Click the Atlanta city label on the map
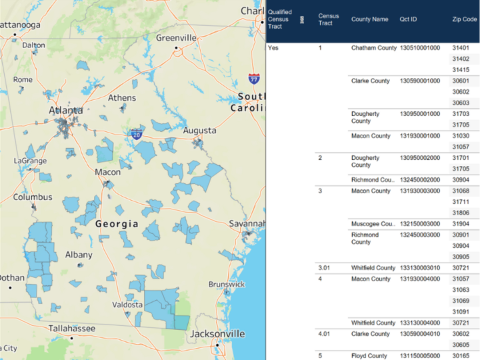(66, 110)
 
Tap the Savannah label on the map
(247, 223)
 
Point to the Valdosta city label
(127, 305)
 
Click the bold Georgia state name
(117, 224)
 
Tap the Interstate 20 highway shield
(136, 134)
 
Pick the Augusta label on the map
(199, 130)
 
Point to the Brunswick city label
(227, 284)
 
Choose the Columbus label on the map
(33, 197)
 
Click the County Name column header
(369, 19)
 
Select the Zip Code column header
(464, 19)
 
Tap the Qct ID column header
(408, 19)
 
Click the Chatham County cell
(373, 48)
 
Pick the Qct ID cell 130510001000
(419, 48)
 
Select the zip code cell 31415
(461, 69)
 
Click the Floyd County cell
(369, 356)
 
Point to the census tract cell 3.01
(325, 268)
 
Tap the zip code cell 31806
(461, 213)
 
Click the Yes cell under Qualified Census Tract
(273, 48)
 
